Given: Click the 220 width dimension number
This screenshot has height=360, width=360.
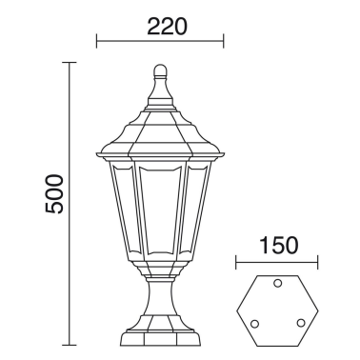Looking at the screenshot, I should tap(161, 26).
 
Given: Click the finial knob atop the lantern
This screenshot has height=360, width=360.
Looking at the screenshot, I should tap(161, 70).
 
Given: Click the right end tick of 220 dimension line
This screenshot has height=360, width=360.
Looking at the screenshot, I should tap(223, 41).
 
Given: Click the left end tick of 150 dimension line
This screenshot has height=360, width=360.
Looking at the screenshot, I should tap(234, 257).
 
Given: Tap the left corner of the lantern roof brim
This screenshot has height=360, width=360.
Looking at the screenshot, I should tap(98, 154).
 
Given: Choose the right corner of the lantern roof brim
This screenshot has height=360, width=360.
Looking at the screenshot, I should tap(223, 154).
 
